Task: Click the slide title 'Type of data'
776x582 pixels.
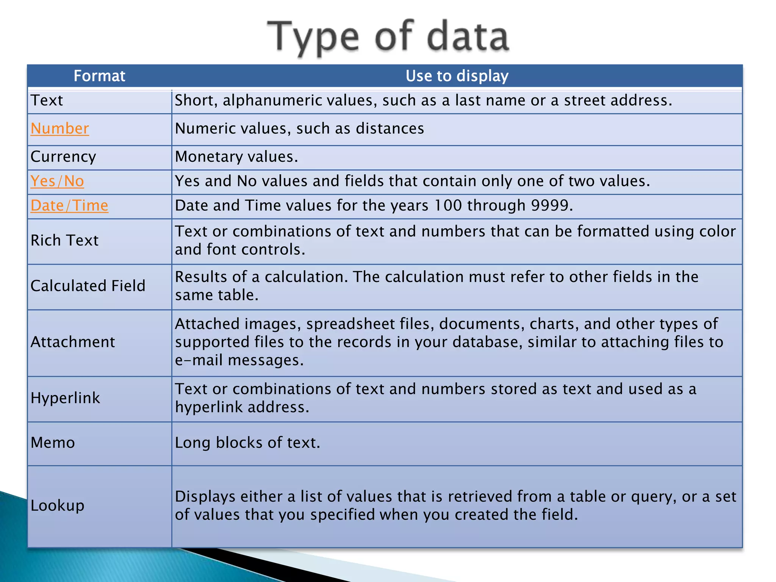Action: pyautogui.click(x=388, y=37)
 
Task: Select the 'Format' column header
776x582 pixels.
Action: pyautogui.click(x=99, y=76)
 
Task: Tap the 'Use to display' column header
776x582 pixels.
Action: pyautogui.click(x=457, y=76)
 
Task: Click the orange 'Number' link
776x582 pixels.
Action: pyautogui.click(x=60, y=128)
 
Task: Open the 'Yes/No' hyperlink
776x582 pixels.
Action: pyautogui.click(x=57, y=181)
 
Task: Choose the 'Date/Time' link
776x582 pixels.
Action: pyautogui.click(x=69, y=205)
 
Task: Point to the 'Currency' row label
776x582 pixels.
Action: pyautogui.click(x=63, y=156)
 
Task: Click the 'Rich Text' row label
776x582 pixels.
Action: pyautogui.click(x=64, y=240)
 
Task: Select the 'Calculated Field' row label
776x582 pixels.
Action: pyautogui.click(x=88, y=286)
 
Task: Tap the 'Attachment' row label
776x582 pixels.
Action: pyautogui.click(x=73, y=342)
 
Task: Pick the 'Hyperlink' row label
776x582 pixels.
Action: pyautogui.click(x=65, y=398)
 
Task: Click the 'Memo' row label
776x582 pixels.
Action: pyautogui.click(x=53, y=443)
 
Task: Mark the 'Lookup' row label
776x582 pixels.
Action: pyautogui.click(x=57, y=505)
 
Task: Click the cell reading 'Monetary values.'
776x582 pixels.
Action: pyautogui.click(x=236, y=156)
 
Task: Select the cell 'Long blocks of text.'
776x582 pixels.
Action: pyautogui.click(x=247, y=443)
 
